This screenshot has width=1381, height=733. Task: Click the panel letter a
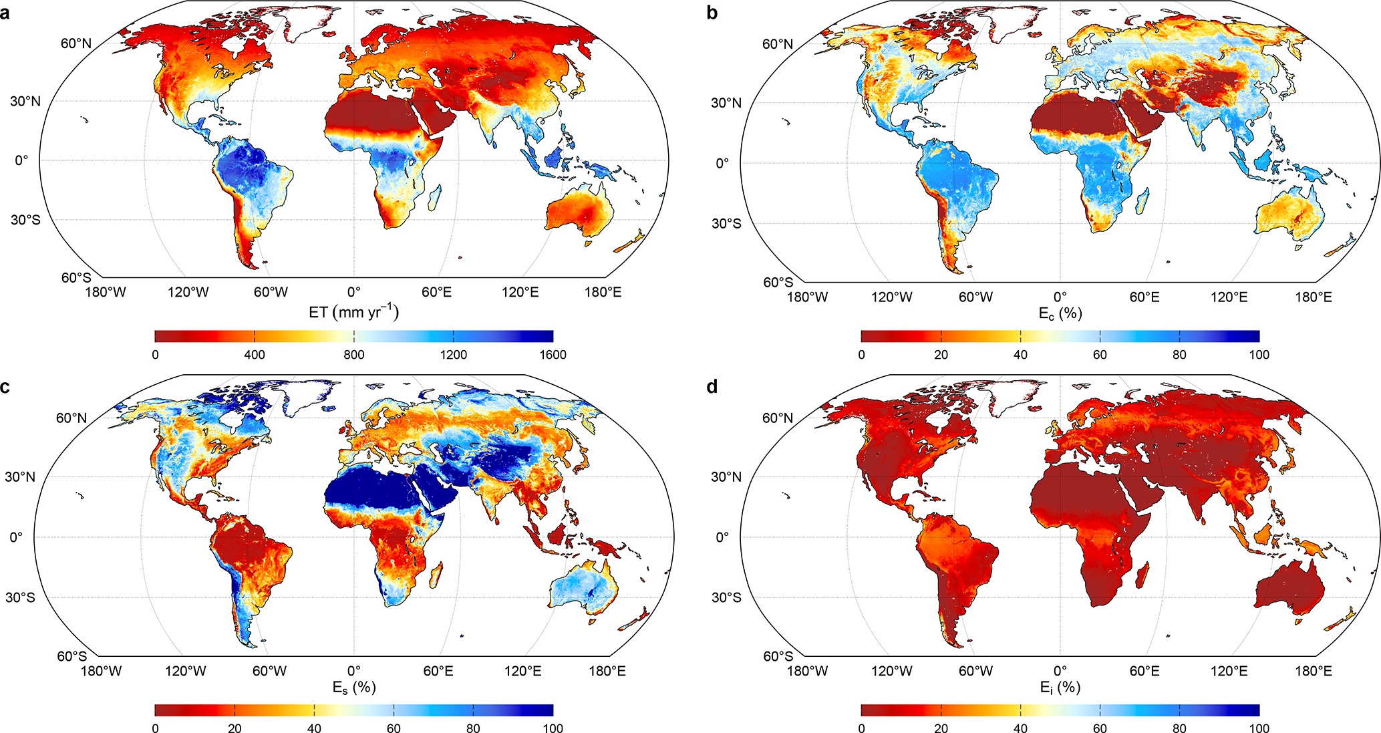pyautogui.click(x=5, y=13)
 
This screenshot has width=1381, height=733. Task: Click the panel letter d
pyautogui.click(x=712, y=386)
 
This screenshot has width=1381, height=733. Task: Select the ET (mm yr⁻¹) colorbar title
pyautogui.click(x=353, y=312)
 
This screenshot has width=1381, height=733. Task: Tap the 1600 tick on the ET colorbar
pyautogui.click(x=553, y=355)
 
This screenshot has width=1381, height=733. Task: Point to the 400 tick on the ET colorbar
pyautogui.click(x=255, y=355)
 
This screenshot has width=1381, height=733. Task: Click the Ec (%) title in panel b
pyautogui.click(x=1060, y=313)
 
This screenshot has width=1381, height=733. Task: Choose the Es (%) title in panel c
pyautogui.click(x=353, y=687)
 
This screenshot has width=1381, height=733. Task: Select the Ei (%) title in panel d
pyautogui.click(x=1060, y=687)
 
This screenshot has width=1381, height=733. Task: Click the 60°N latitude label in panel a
pyautogui.click(x=76, y=43)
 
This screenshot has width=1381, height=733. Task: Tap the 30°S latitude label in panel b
pyautogui.click(x=726, y=223)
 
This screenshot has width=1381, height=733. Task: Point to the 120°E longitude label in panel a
pyautogui.click(x=520, y=292)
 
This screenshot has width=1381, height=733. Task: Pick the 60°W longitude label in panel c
pyautogui.click(x=269, y=671)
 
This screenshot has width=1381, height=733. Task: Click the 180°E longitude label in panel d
pyautogui.click(x=1313, y=671)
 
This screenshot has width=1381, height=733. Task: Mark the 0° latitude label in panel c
pyautogui.click(x=16, y=537)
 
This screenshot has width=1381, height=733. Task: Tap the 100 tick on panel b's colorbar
pyautogui.click(x=1259, y=355)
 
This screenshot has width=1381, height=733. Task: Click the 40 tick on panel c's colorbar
pyautogui.click(x=314, y=728)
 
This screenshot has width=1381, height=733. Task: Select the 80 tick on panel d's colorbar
pyautogui.click(x=1179, y=728)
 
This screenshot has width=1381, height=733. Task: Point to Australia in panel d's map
pyautogui.click(x=1290, y=587)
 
